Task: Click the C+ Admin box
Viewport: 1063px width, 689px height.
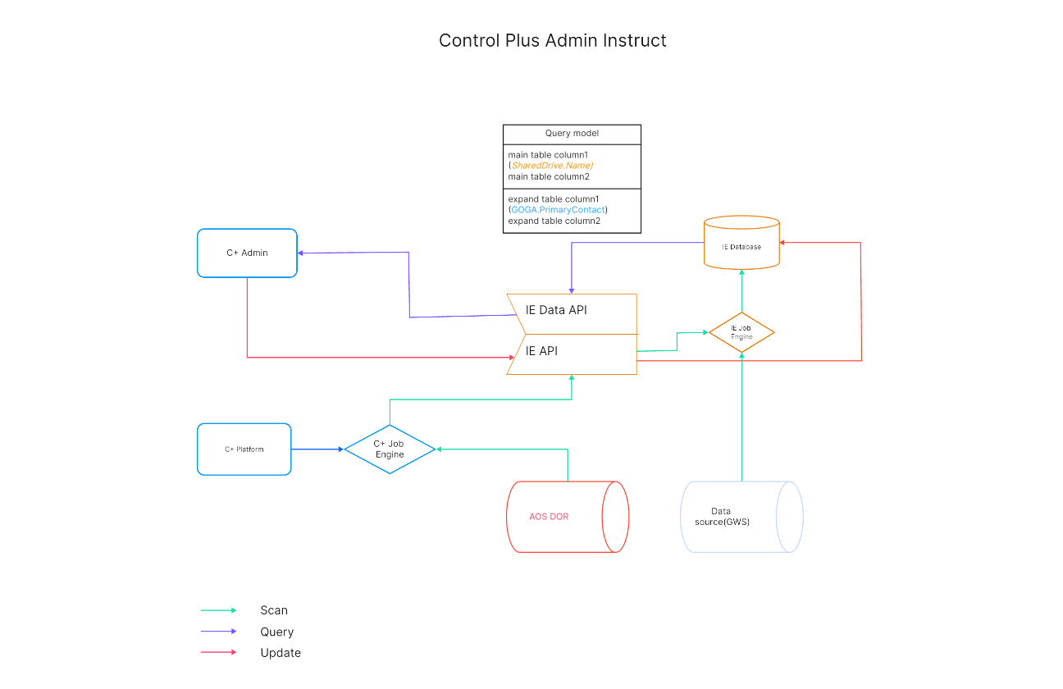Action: click(x=247, y=253)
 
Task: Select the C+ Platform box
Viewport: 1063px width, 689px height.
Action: click(x=244, y=449)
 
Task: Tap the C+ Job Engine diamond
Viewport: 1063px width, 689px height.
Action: click(x=390, y=449)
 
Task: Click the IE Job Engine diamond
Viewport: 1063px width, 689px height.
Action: click(x=741, y=332)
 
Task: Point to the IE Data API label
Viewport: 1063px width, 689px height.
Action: click(x=556, y=310)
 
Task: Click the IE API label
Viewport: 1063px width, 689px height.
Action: click(x=541, y=351)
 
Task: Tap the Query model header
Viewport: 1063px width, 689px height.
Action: click(x=572, y=134)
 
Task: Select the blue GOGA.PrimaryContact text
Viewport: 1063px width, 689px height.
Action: click(x=558, y=210)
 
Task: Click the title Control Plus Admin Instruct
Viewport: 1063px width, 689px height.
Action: click(x=553, y=40)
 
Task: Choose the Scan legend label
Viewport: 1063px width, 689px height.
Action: click(x=274, y=610)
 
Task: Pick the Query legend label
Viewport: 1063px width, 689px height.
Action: click(x=276, y=632)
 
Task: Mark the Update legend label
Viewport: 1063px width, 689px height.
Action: click(x=281, y=653)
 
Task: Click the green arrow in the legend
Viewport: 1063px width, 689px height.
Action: click(x=218, y=610)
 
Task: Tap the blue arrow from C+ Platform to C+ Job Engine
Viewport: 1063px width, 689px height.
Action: click(x=317, y=449)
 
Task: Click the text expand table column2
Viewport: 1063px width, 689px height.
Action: click(x=554, y=221)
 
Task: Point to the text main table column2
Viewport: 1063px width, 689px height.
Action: click(x=549, y=176)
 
